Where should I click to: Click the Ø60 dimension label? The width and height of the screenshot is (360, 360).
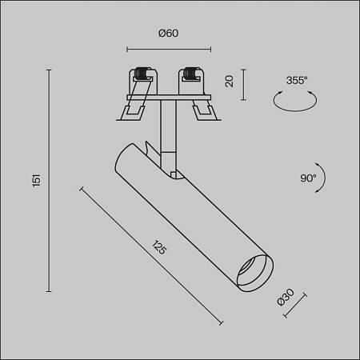click(x=168, y=33)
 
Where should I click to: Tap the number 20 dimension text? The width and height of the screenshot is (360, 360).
click(x=229, y=81)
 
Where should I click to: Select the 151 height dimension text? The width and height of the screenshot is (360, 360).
click(x=36, y=181)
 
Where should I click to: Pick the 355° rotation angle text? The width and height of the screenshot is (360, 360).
click(x=297, y=80)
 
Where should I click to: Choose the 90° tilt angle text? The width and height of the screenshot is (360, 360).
click(x=308, y=177)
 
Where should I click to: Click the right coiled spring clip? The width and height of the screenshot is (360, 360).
click(x=191, y=75)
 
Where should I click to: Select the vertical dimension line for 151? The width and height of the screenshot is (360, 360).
click(x=51, y=181)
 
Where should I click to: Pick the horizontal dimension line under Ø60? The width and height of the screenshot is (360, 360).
click(x=167, y=46)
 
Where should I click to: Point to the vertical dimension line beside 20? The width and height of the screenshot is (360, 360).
click(x=242, y=81)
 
